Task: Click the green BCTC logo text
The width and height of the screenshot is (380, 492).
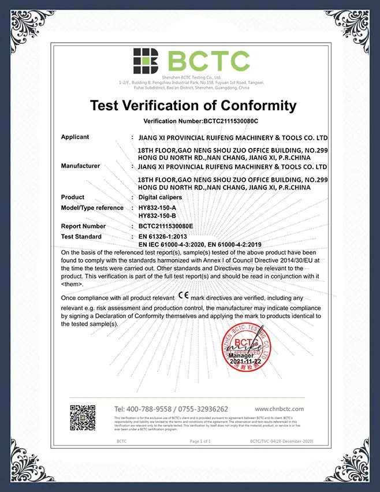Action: click(x=210, y=61)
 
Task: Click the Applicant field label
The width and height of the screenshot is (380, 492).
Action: click(x=75, y=137)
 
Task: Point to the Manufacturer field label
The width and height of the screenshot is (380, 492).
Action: click(x=80, y=166)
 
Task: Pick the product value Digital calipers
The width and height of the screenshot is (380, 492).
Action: click(x=161, y=197)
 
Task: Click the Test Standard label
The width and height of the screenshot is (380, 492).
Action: click(x=81, y=237)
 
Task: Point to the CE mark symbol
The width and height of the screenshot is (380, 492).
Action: click(x=183, y=296)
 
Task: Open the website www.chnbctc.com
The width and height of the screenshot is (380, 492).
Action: click(x=279, y=409)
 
